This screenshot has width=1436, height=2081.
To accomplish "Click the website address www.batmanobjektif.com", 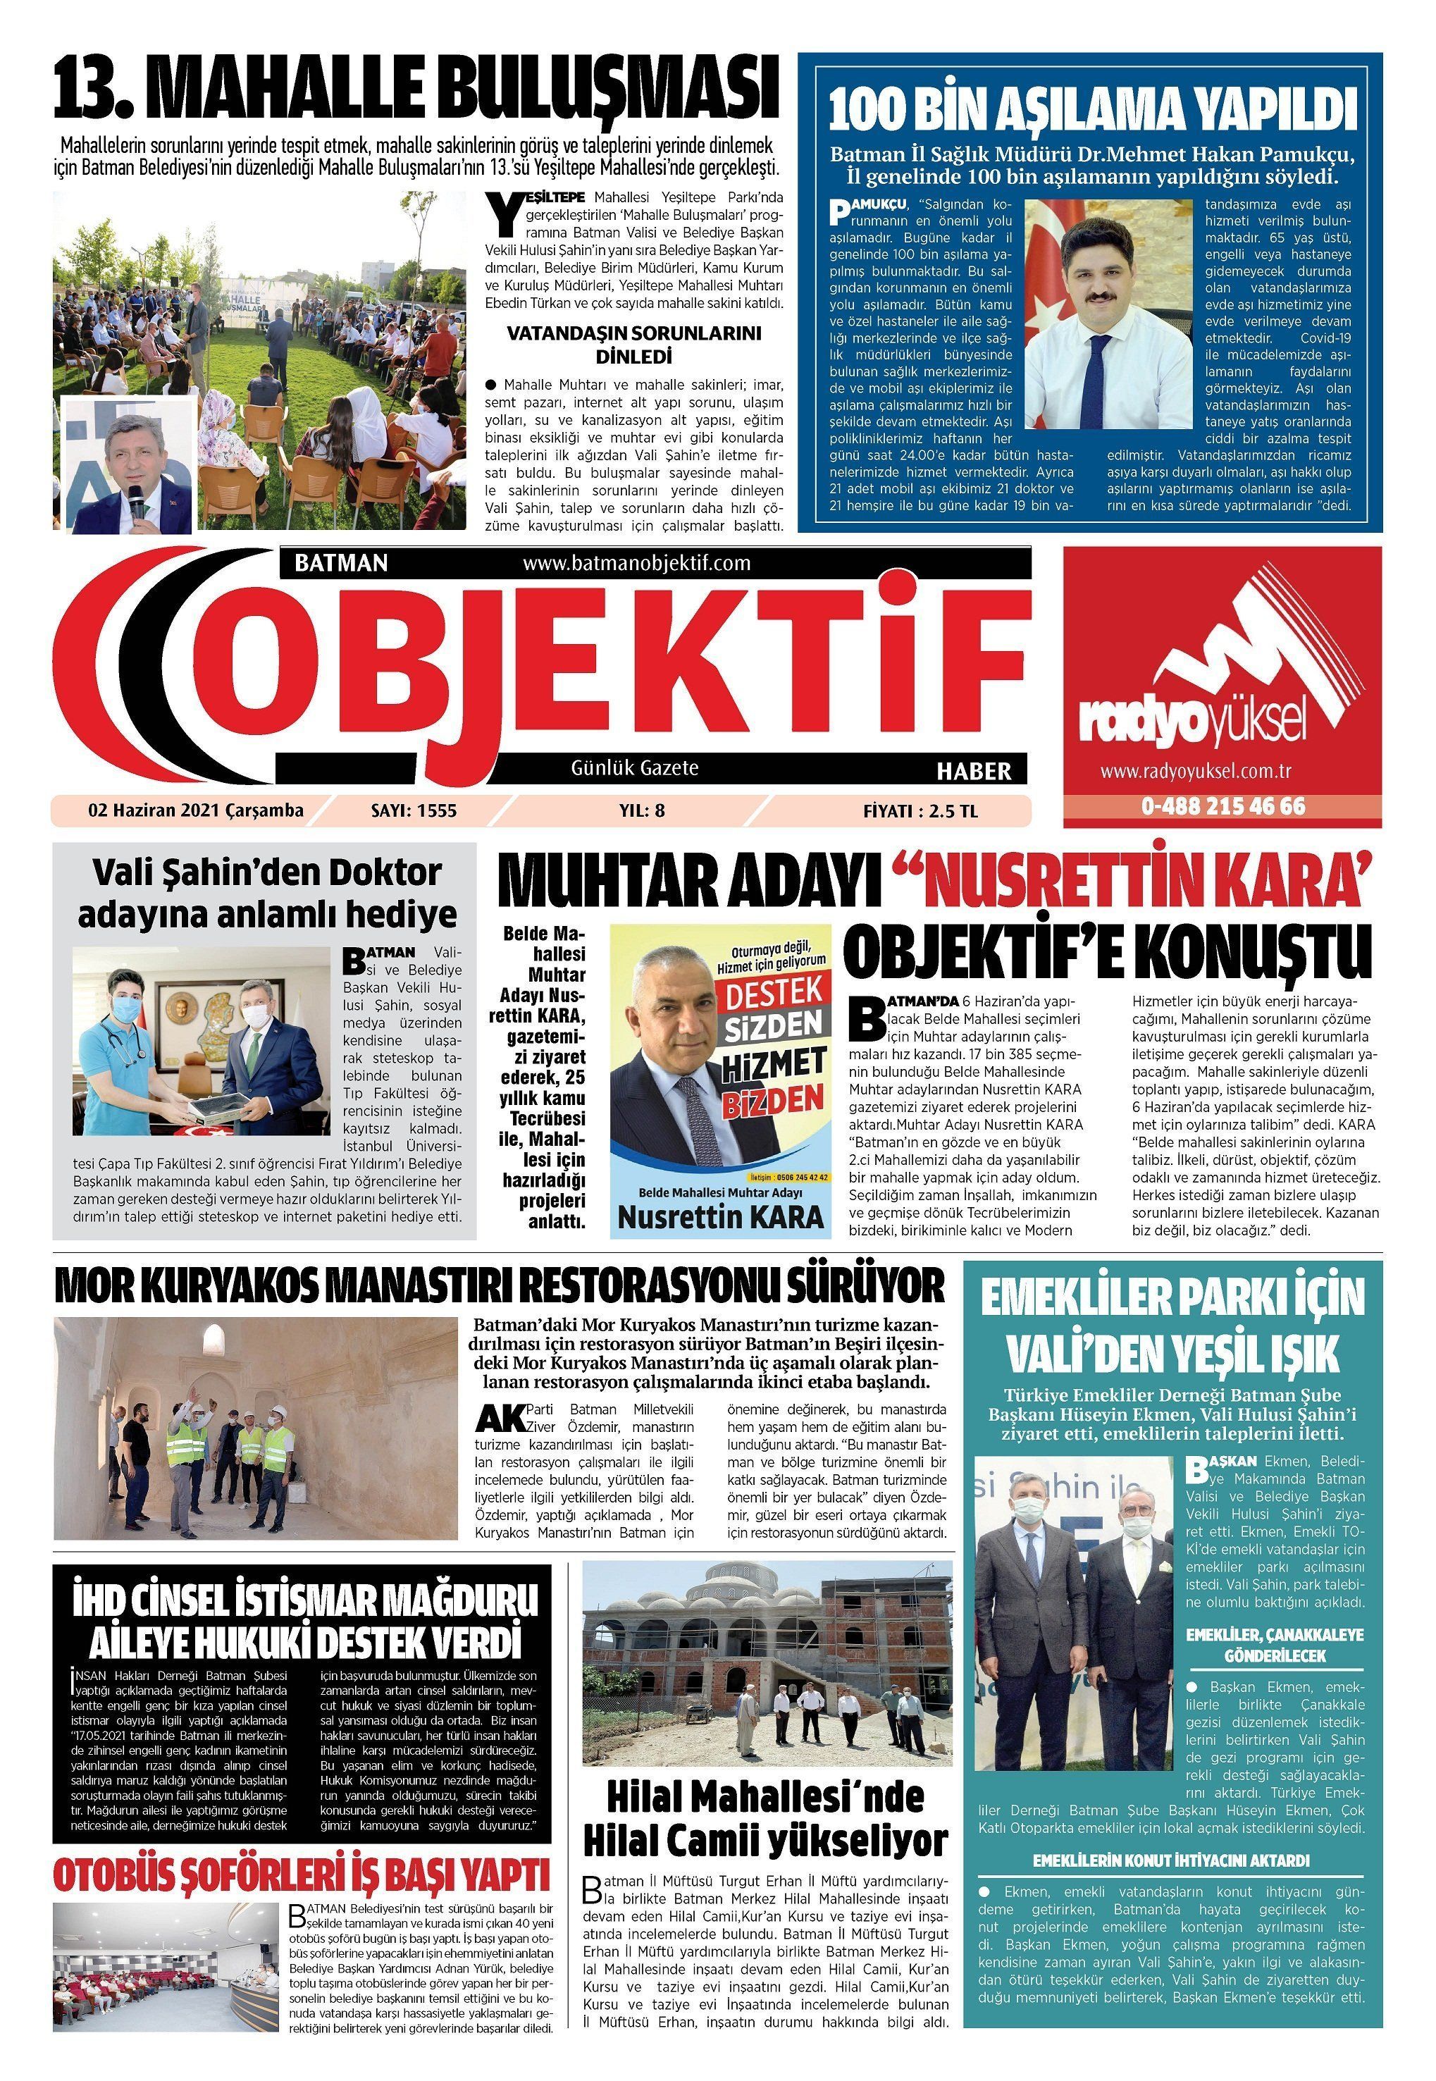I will coord(636,563).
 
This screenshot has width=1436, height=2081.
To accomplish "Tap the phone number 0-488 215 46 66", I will coord(1223,805).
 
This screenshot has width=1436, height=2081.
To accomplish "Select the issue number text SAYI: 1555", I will coord(414,810).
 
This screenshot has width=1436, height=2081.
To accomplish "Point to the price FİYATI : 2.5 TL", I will coord(920,810).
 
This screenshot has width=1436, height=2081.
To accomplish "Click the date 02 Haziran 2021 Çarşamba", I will coord(196,810).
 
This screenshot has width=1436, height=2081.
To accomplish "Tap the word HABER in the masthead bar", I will coord(974,771).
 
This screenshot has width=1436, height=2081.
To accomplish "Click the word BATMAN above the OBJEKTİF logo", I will coord(341,563).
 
